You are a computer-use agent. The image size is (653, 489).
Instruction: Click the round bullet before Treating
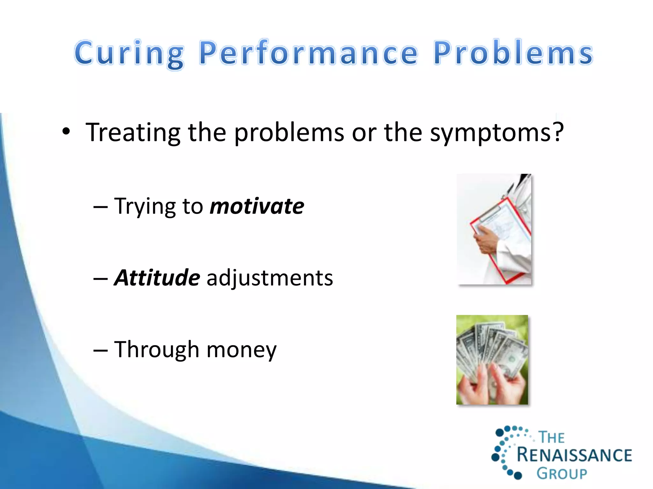click(x=66, y=131)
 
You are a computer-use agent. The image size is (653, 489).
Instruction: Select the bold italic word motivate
click(x=257, y=206)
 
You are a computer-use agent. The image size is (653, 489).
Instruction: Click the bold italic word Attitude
click(x=157, y=278)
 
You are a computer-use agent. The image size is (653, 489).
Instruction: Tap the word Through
click(x=157, y=350)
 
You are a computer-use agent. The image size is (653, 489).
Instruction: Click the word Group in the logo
click(x=562, y=473)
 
